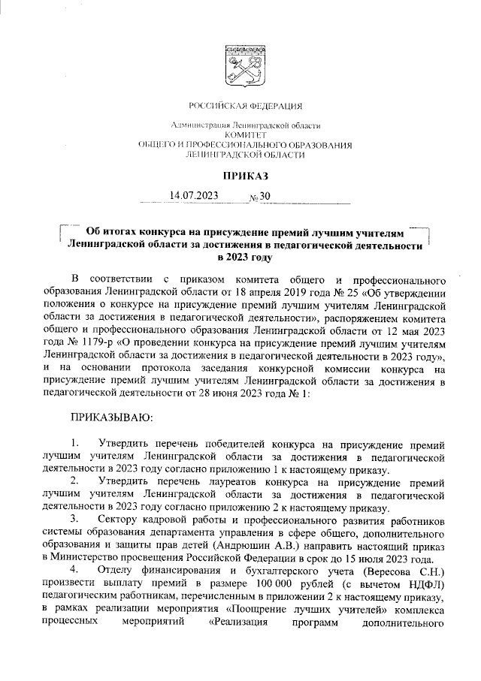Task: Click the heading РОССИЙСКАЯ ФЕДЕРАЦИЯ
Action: coord(240,105)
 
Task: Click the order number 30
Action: coord(265,197)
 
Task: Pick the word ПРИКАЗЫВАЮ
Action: coord(111,415)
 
